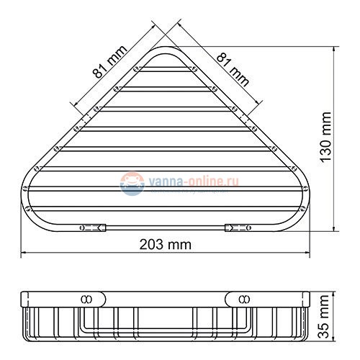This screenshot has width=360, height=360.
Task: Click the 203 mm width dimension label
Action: [x=166, y=244]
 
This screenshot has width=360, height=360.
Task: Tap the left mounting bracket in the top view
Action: [x=92, y=228]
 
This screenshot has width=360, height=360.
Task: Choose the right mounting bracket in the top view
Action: [x=238, y=228]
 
